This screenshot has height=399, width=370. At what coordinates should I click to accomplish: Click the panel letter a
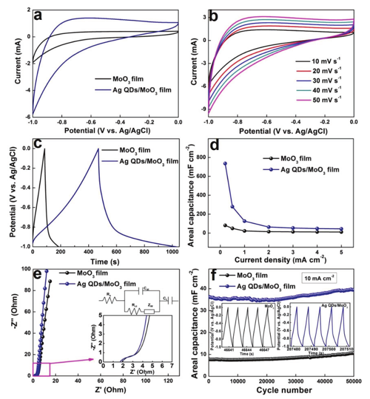click(39, 14)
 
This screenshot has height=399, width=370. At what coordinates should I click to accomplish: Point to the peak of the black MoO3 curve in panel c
click(44, 149)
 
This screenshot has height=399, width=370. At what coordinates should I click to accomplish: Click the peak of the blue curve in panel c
click(97, 149)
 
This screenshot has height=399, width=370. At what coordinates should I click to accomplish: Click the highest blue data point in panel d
click(225, 164)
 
